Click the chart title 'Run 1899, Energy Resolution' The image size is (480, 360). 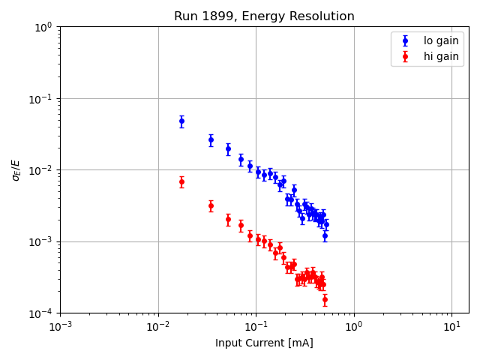[264, 16]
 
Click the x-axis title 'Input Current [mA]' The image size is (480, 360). [264, 343]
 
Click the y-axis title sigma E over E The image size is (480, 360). [16, 169]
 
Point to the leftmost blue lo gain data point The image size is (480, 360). [181, 121]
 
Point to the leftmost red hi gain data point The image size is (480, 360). [181, 181]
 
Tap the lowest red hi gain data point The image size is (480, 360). [325, 299]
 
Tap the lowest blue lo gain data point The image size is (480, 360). [325, 235]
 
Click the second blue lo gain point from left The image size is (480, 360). [211, 139]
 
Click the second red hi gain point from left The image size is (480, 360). [211, 205]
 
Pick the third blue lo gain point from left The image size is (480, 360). [228, 148]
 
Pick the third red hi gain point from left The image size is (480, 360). [228, 219]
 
